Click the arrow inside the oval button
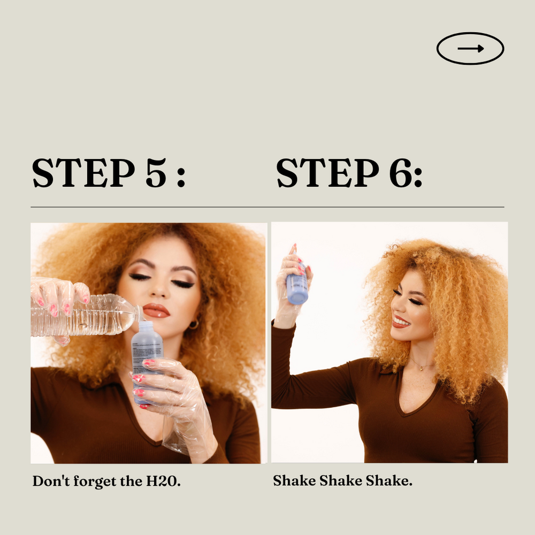[470, 49]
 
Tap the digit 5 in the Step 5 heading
[156, 173]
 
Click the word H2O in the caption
[163, 481]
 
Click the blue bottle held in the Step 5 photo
[147, 362]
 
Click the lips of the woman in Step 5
[156, 310]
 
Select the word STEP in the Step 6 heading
[327, 173]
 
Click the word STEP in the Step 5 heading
[83, 173]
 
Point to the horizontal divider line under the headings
[267, 207]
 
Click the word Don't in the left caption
[51, 481]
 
